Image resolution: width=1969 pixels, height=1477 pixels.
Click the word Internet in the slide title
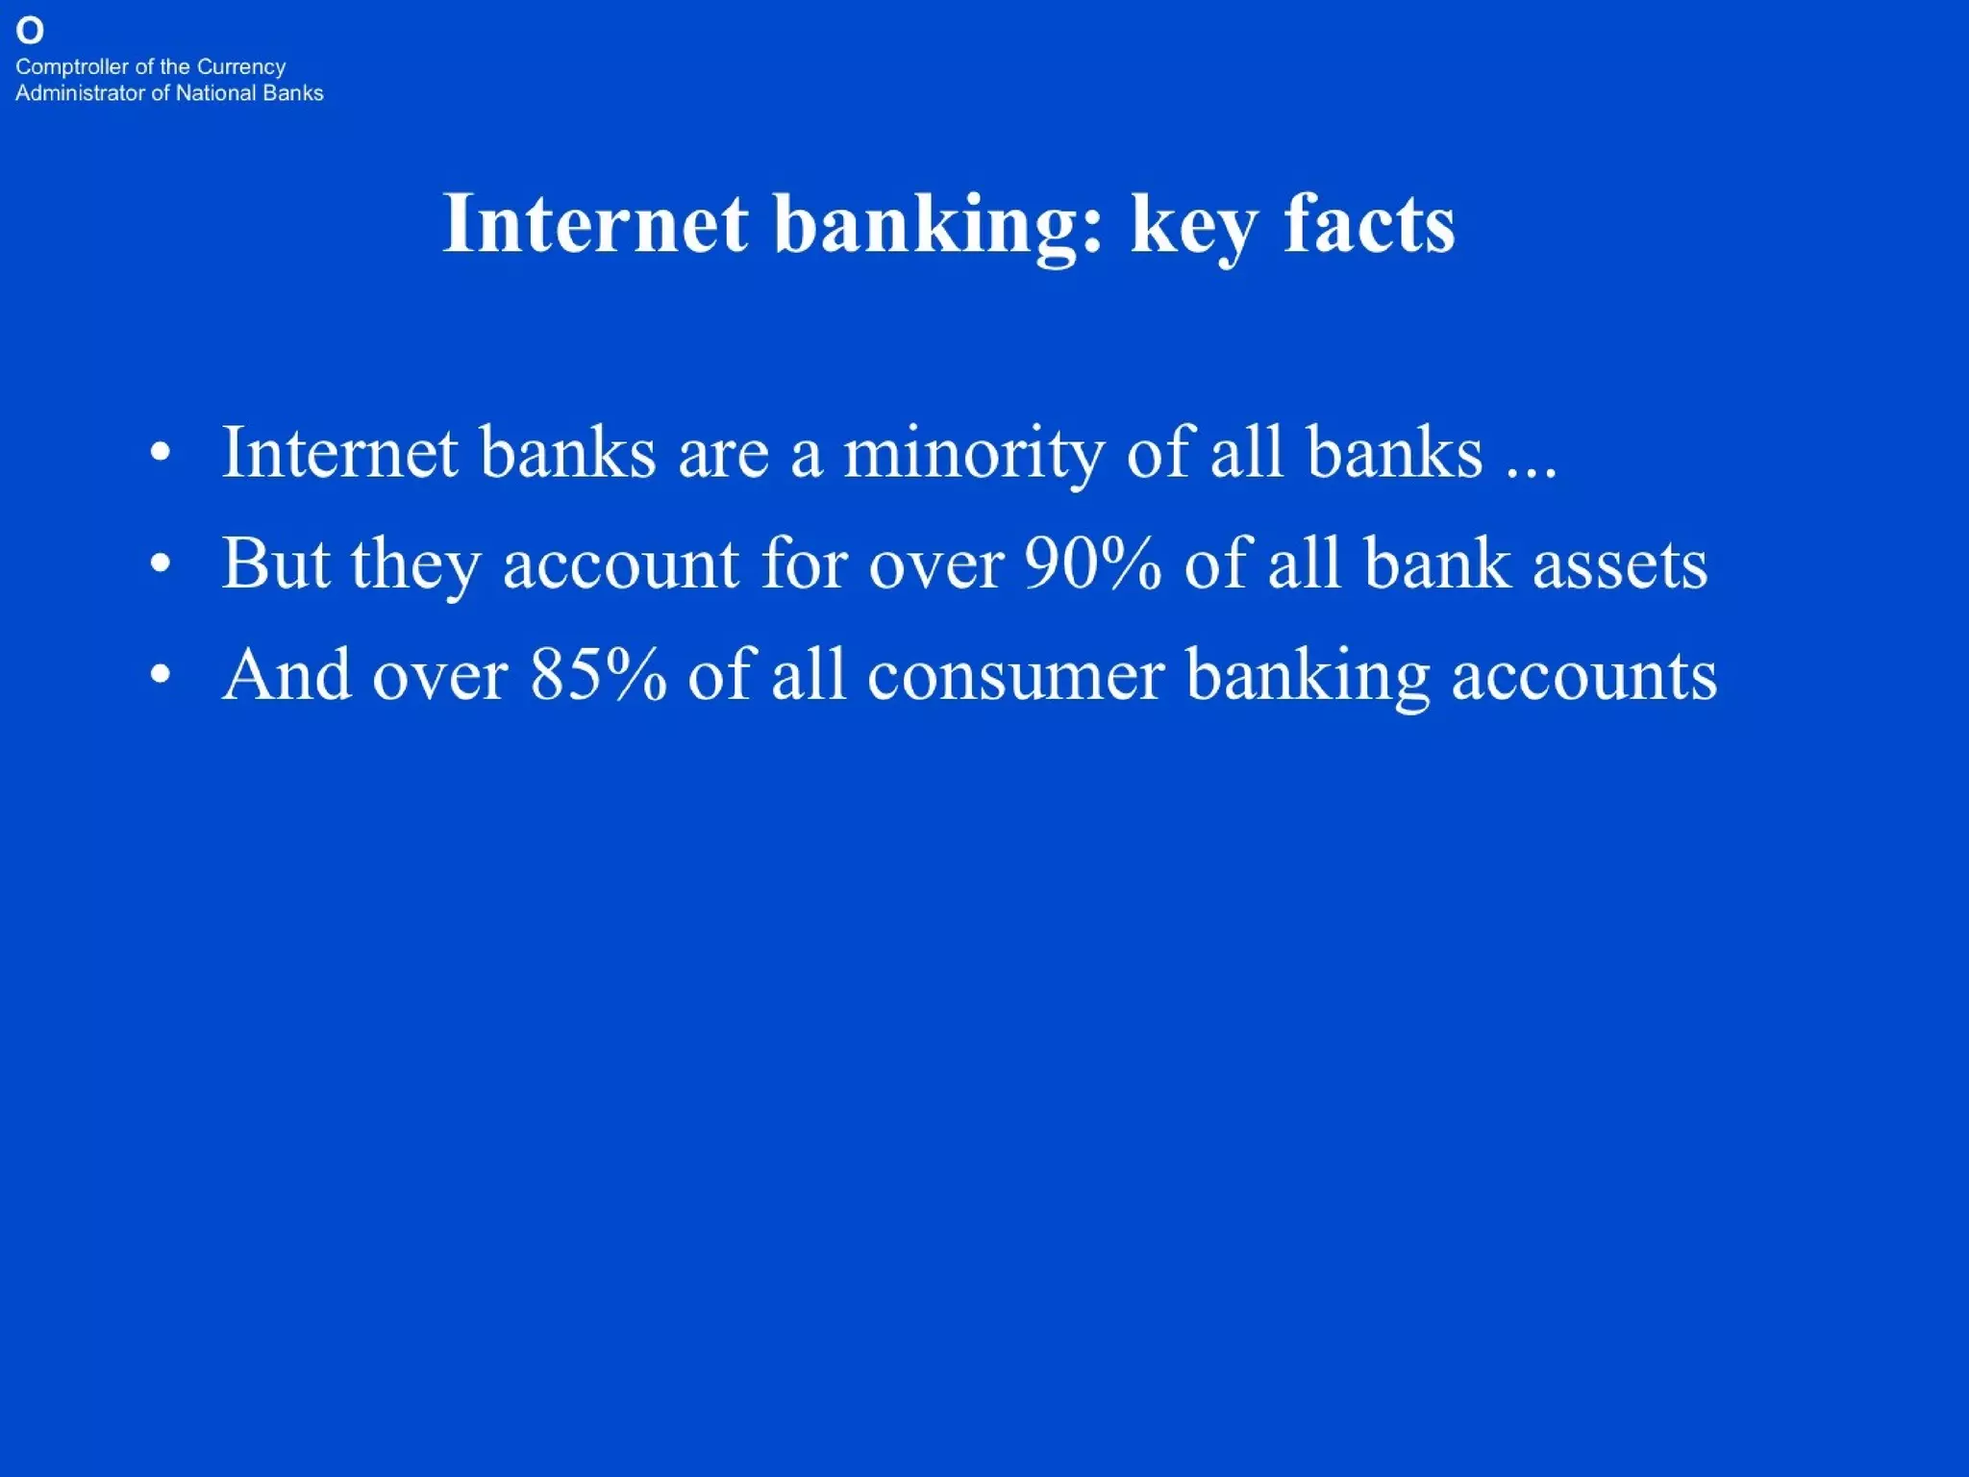[x=595, y=223]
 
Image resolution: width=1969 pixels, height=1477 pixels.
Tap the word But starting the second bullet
[x=276, y=563]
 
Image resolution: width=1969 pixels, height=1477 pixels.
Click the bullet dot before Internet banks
[x=161, y=453]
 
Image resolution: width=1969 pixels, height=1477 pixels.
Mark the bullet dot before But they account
[x=161, y=564]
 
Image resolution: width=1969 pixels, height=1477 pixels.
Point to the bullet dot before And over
[x=161, y=675]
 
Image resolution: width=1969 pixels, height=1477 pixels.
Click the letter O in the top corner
[x=30, y=32]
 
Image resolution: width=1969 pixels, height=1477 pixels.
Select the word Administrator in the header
[x=80, y=93]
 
